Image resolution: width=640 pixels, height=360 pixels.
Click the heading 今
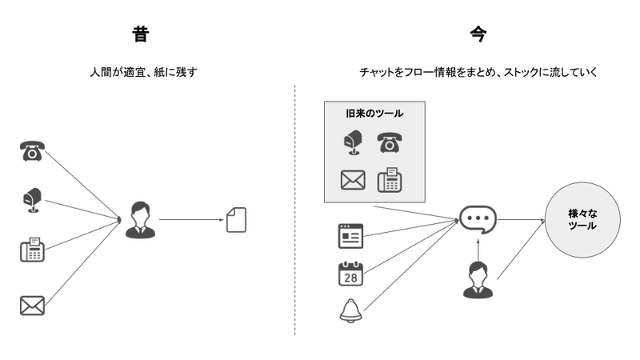pyautogui.click(x=478, y=34)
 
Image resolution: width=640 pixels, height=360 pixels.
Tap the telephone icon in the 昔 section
pyautogui.click(x=32, y=150)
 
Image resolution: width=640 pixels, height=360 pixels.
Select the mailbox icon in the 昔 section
pyautogui.click(x=32, y=199)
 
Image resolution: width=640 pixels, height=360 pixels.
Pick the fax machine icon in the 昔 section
pyautogui.click(x=32, y=250)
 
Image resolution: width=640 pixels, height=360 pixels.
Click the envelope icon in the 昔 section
pyautogui.click(x=32, y=305)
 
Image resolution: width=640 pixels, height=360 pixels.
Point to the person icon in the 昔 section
pyautogui.click(x=140, y=220)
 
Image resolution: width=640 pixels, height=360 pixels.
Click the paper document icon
pyautogui.click(x=237, y=220)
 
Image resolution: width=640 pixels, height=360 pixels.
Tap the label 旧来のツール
pyautogui.click(x=374, y=114)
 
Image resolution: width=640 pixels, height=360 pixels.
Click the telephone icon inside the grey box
pyautogui.click(x=390, y=143)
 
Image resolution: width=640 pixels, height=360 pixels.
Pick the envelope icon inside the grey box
pyautogui.click(x=352, y=181)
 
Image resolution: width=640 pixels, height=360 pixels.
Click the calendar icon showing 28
pyautogui.click(x=350, y=274)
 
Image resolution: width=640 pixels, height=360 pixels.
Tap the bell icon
pyautogui.click(x=350, y=310)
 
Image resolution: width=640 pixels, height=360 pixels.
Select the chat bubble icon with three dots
pyautogui.click(x=478, y=218)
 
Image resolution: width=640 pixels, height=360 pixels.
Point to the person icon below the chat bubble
pyautogui.click(x=478, y=280)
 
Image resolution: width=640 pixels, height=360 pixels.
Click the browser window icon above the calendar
pyautogui.click(x=350, y=237)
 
